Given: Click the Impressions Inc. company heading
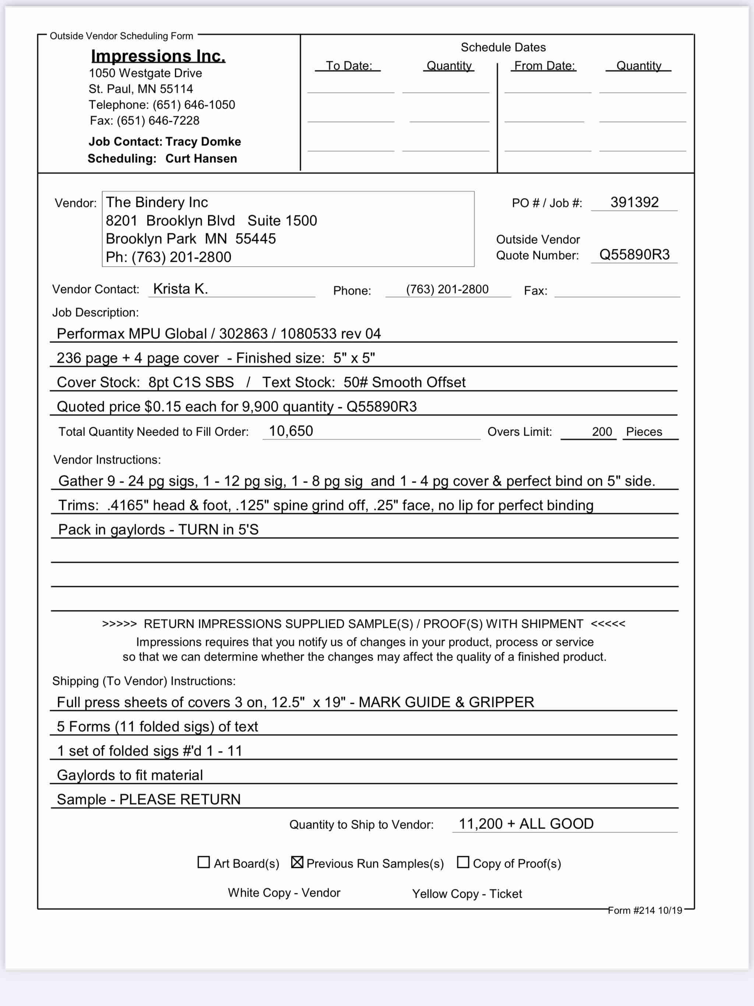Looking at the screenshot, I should tap(158, 56).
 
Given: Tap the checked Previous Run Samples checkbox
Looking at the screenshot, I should tap(297, 862).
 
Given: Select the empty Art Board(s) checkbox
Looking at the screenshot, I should tap(204, 862).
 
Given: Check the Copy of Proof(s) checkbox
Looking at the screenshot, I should tap(462, 862).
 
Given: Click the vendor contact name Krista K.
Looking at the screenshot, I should tap(180, 289).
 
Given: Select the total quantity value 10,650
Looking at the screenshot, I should tap(291, 431).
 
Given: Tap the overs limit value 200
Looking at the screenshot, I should tap(602, 432).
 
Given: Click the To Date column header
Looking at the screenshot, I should tap(349, 66).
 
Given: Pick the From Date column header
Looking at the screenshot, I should tap(545, 66).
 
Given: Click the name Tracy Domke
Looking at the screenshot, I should tap(203, 141).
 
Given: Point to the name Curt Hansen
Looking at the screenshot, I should tap(201, 158).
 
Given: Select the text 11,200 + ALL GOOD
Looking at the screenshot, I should tap(526, 824).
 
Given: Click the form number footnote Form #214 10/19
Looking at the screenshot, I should tap(645, 910).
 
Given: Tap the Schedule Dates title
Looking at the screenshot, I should tap(503, 47).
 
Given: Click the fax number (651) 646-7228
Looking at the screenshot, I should tap(158, 120).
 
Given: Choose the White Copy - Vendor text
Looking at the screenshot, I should tap(284, 893).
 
